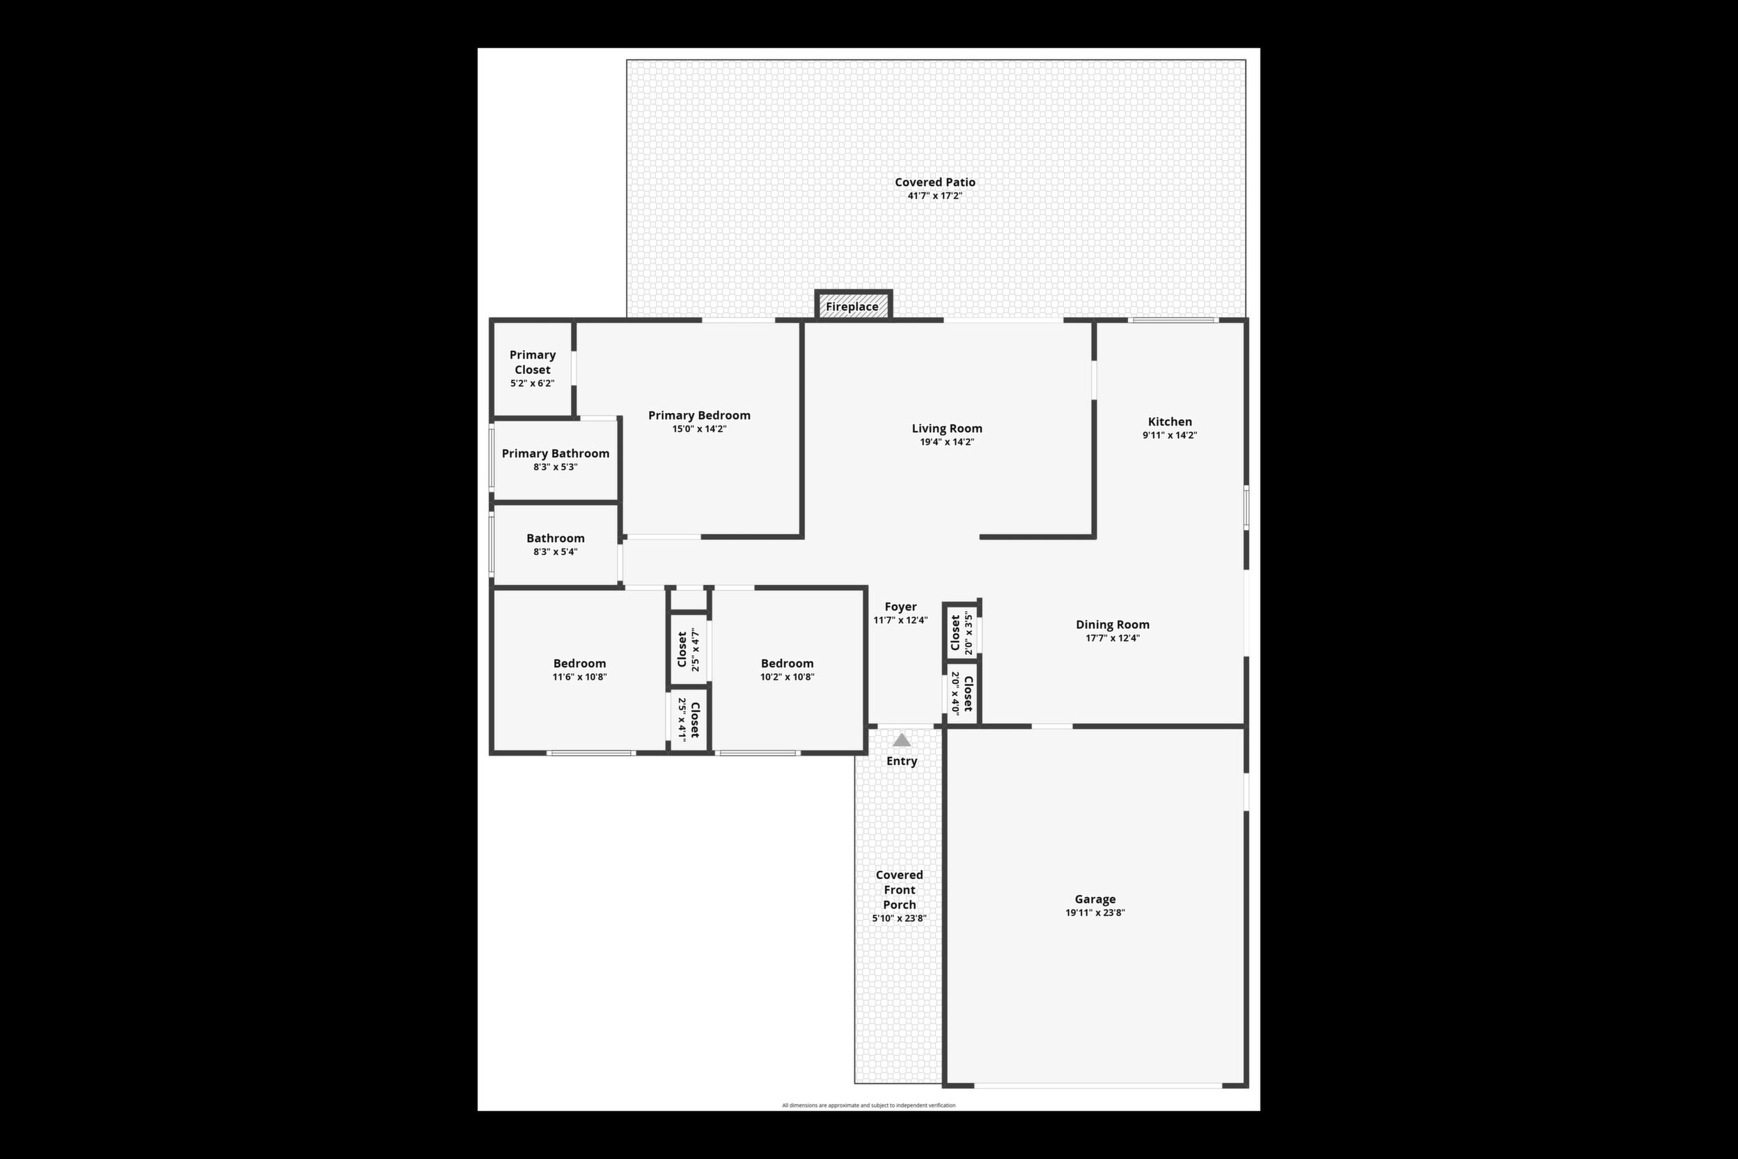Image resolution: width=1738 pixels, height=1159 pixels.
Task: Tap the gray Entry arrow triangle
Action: tap(902, 740)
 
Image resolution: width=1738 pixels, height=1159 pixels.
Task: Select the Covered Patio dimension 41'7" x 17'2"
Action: tap(934, 196)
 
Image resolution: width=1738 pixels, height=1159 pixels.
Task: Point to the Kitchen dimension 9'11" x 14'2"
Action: tap(1170, 435)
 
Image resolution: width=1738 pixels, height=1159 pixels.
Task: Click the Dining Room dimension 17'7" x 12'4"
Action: tap(1112, 638)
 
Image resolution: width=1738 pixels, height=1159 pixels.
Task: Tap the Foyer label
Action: tap(901, 607)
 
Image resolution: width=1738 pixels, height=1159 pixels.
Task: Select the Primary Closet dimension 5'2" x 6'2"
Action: tap(532, 384)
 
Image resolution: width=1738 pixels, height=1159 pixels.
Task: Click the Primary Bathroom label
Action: tap(556, 453)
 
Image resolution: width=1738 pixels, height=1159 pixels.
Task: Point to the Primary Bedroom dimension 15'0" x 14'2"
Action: tap(699, 429)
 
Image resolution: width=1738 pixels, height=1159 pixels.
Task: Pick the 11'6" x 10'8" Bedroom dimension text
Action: tap(579, 677)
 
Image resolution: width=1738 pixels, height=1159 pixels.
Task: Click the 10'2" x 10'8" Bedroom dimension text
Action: tap(787, 677)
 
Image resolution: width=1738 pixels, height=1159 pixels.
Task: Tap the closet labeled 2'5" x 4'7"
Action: tap(689, 650)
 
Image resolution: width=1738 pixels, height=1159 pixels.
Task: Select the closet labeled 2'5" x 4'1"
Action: tap(689, 719)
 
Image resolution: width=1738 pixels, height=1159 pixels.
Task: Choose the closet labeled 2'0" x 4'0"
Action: tap(962, 693)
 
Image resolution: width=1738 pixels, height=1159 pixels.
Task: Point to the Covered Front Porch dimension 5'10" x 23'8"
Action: tap(900, 919)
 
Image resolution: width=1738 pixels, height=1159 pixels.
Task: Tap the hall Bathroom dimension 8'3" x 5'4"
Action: tap(556, 552)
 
